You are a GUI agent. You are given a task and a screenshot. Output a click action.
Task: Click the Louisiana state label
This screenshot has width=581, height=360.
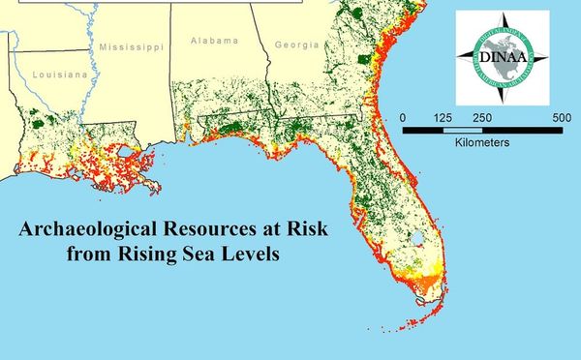click(59, 74)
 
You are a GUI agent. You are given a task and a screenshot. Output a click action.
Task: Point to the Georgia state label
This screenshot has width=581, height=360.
click(296, 45)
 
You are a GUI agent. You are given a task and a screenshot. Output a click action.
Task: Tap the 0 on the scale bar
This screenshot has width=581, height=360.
click(402, 117)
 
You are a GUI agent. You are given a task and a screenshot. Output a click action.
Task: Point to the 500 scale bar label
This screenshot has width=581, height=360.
click(561, 117)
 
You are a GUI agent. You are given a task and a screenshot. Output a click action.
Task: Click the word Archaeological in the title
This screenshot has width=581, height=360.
click(85, 233)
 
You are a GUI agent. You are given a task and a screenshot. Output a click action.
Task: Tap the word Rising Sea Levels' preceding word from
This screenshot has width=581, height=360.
click(90, 256)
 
